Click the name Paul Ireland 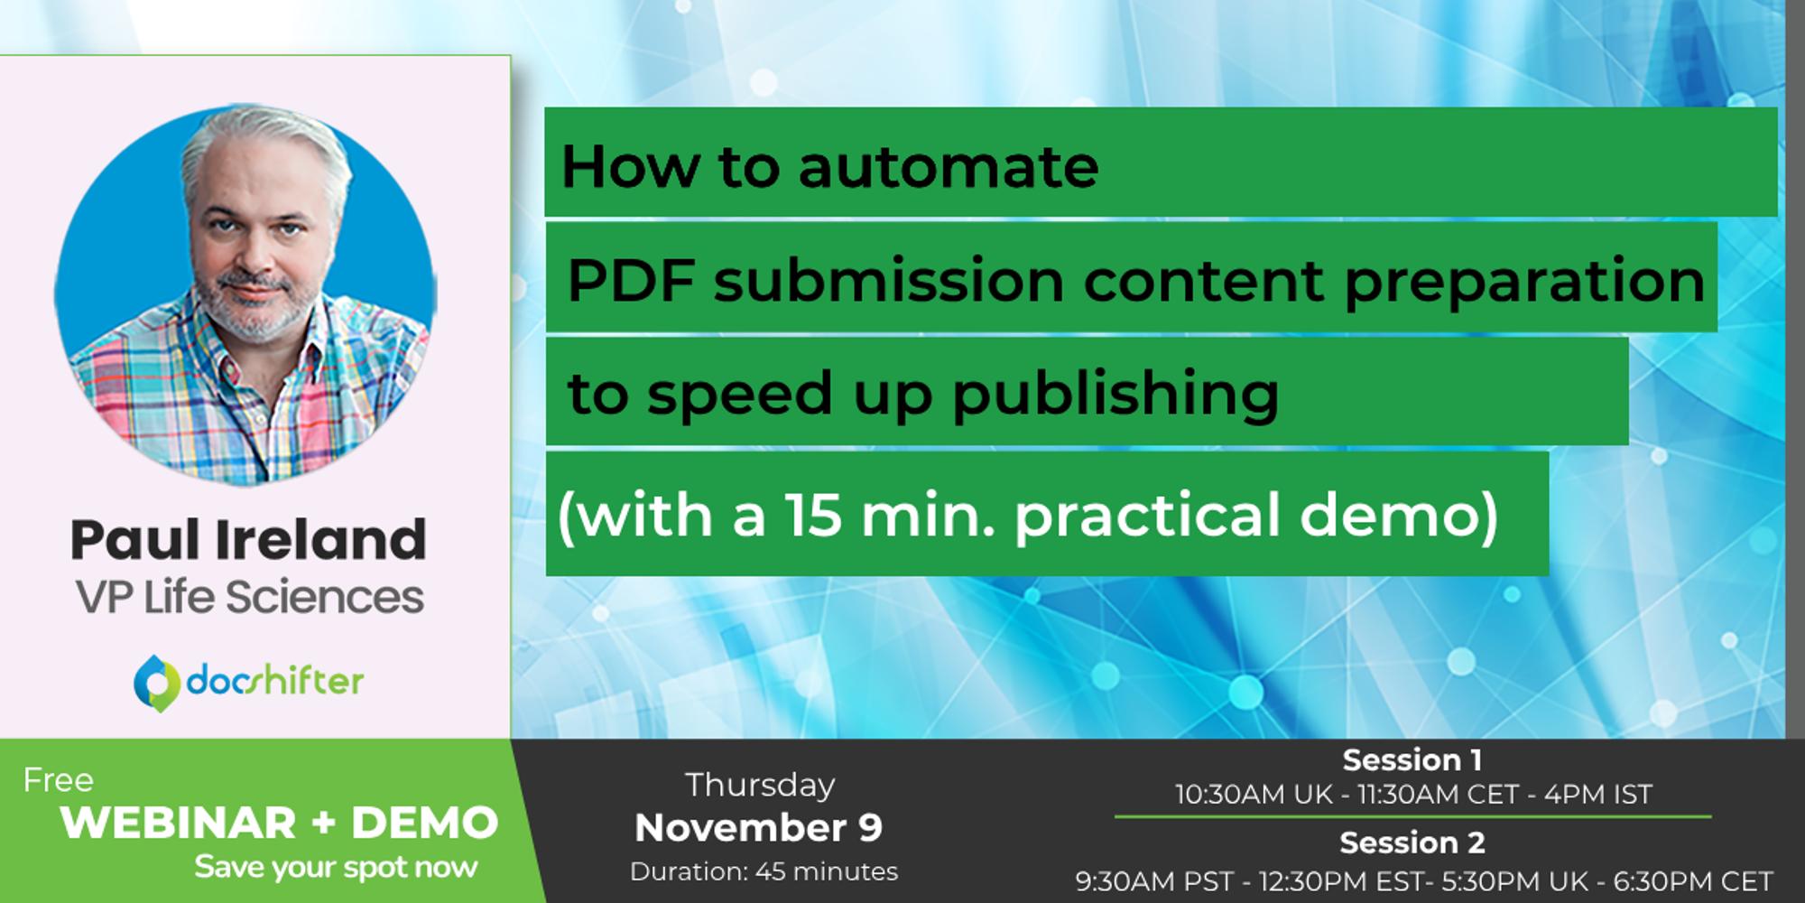(248, 540)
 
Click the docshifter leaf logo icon (155, 683)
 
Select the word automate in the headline (949, 167)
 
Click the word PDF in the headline (631, 281)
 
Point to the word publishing (1115, 395)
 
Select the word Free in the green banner (59, 780)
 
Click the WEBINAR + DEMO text (279, 823)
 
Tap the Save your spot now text (336, 868)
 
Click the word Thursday (760, 786)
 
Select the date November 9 (758, 828)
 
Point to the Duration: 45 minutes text (764, 872)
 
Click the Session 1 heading (1412, 760)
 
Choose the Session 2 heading (1412, 842)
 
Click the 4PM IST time (1598, 795)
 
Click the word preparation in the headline (1524, 281)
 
